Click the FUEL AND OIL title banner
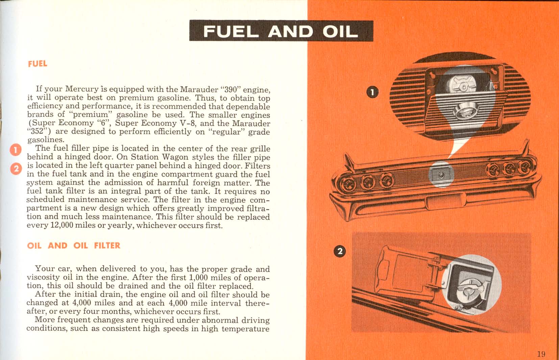coord(281,31)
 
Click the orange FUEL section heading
coord(38,64)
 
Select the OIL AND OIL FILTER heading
coord(73,245)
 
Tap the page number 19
coord(541,354)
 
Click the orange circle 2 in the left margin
coord(16,168)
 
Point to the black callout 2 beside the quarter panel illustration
coord(340,251)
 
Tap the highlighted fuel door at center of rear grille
coord(441,174)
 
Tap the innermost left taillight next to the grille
coord(385,182)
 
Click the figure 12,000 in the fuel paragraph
coord(62,225)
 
